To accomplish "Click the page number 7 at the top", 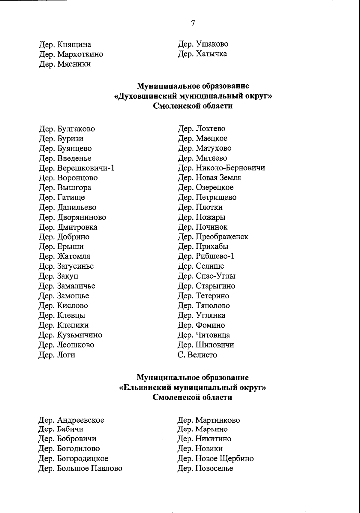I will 193,23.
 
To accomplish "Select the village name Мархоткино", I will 80,54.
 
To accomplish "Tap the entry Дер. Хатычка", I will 202,54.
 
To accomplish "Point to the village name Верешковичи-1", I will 85,168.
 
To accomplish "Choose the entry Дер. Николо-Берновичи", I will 221,168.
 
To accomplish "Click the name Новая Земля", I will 218,178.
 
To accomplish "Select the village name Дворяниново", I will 81,217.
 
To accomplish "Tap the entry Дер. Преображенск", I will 213,237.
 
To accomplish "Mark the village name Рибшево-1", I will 215,256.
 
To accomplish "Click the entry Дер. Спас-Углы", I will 206,276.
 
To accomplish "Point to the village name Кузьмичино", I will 79,335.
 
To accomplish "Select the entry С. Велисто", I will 197,355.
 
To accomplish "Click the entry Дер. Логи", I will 57,355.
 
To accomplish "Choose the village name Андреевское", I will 80,420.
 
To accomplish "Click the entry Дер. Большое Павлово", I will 80,469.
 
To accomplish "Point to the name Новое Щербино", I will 224,459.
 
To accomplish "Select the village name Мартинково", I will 217,420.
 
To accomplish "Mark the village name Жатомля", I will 73,257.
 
